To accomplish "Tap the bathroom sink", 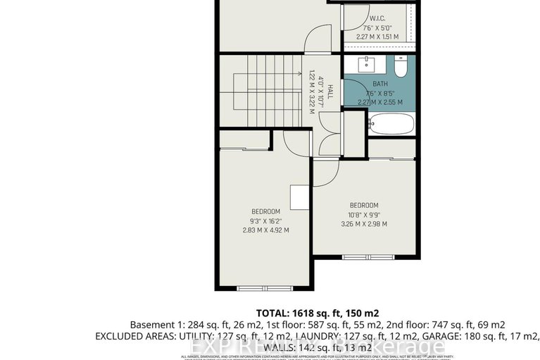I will [x=368, y=66].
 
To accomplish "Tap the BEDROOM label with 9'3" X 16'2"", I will [x=266, y=211].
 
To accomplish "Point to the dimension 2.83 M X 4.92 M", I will [x=266, y=230].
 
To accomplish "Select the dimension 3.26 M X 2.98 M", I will [x=364, y=224].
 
